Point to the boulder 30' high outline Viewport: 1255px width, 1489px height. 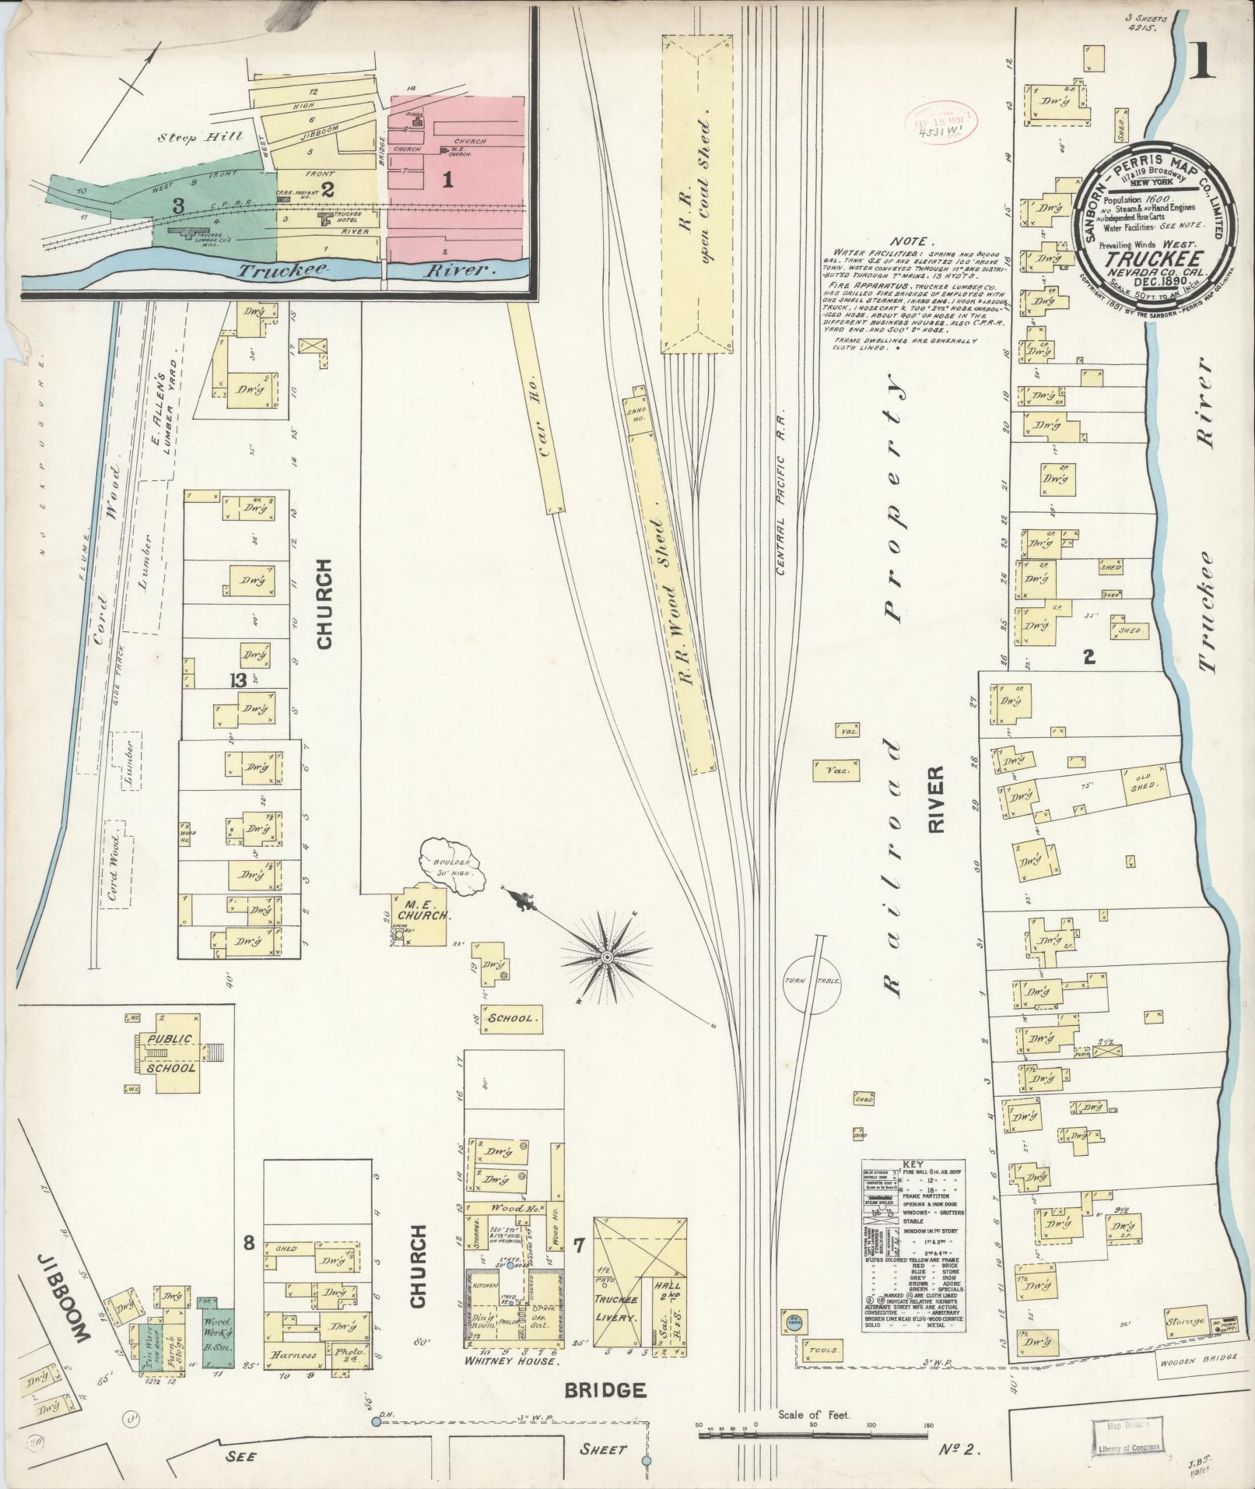[451, 868]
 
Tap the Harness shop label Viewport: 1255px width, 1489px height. [293, 1354]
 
